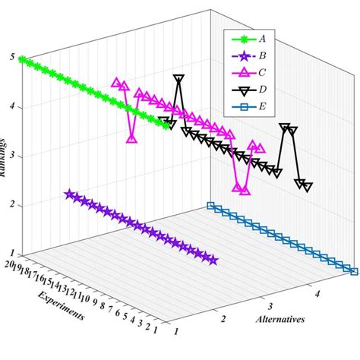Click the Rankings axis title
[x=6, y=159]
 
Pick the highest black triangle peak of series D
[x=178, y=78]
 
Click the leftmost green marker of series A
[x=22, y=59]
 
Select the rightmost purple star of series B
[x=213, y=261]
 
